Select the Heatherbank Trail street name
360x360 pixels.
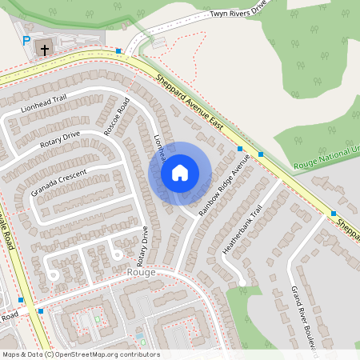pos(242,232)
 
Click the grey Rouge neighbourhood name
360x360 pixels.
pos(141,272)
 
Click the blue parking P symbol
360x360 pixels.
pos(26,40)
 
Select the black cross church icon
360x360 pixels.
pos(45,49)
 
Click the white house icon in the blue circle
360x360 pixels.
pos(180,173)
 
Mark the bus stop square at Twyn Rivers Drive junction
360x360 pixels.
pos(118,51)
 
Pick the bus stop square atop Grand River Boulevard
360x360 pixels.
pos(333,213)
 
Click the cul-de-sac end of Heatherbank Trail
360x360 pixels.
pos(242,282)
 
